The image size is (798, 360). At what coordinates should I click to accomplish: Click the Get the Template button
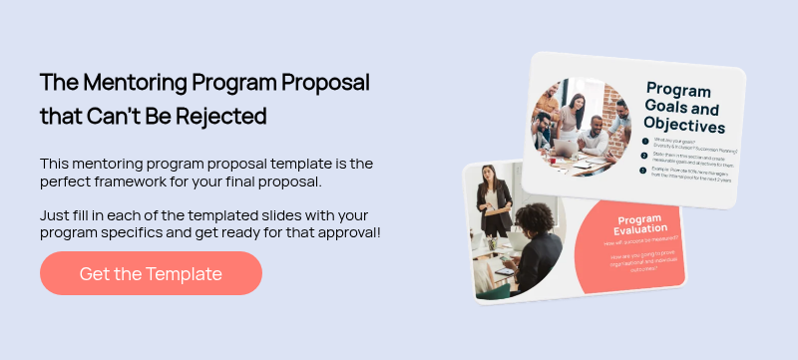[x=151, y=273]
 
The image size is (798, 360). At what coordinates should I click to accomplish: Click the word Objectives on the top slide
[x=684, y=126]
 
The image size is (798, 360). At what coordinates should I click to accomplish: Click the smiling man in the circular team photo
[x=596, y=130]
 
